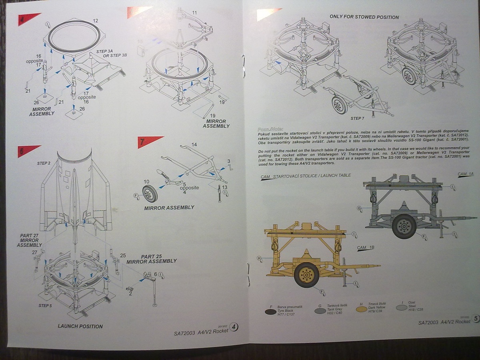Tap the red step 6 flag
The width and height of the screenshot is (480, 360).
(x=28, y=150)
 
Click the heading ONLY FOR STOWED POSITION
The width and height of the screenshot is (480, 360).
(x=364, y=17)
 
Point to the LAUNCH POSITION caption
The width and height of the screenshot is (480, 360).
(x=80, y=326)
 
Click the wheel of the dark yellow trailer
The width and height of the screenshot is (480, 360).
(x=307, y=274)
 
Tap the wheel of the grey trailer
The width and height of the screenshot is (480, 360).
(x=404, y=226)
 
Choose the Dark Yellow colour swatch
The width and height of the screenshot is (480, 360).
(x=362, y=309)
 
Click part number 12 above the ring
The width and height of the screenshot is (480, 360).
(x=95, y=20)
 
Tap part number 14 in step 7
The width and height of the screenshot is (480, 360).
(x=194, y=144)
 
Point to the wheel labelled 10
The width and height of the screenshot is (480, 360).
(x=150, y=194)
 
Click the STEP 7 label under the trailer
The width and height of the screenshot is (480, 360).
(x=357, y=118)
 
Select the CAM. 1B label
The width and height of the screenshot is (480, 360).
(x=366, y=248)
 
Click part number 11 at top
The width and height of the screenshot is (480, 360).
(x=194, y=13)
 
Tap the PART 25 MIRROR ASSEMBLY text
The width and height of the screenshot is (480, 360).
(x=152, y=258)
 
